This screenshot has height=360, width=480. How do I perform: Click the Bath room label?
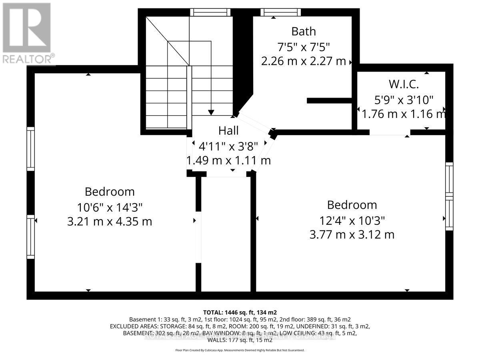[303, 31]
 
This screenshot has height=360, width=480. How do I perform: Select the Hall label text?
[228, 130]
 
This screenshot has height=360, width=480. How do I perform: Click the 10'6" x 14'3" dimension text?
[110, 207]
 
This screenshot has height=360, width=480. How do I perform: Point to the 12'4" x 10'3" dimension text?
[352, 220]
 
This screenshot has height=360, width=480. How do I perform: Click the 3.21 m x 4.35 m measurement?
[110, 221]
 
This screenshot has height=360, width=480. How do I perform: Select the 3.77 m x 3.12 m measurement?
[352, 234]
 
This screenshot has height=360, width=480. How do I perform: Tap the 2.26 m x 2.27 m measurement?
[303, 61]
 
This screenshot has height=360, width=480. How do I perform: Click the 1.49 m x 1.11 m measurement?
[228, 160]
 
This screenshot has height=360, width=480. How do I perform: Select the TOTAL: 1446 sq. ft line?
[240, 312]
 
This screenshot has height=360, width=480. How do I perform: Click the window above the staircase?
[211, 12]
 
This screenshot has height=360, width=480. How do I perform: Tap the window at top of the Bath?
[280, 12]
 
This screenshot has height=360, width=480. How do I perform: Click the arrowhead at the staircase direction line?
[211, 112]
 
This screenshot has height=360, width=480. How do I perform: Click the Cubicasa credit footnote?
[240, 350]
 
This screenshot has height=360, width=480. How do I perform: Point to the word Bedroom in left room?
[110, 192]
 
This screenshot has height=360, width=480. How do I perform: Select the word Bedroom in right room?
[352, 205]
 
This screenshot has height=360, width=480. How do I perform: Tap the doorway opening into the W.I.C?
[390, 132]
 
